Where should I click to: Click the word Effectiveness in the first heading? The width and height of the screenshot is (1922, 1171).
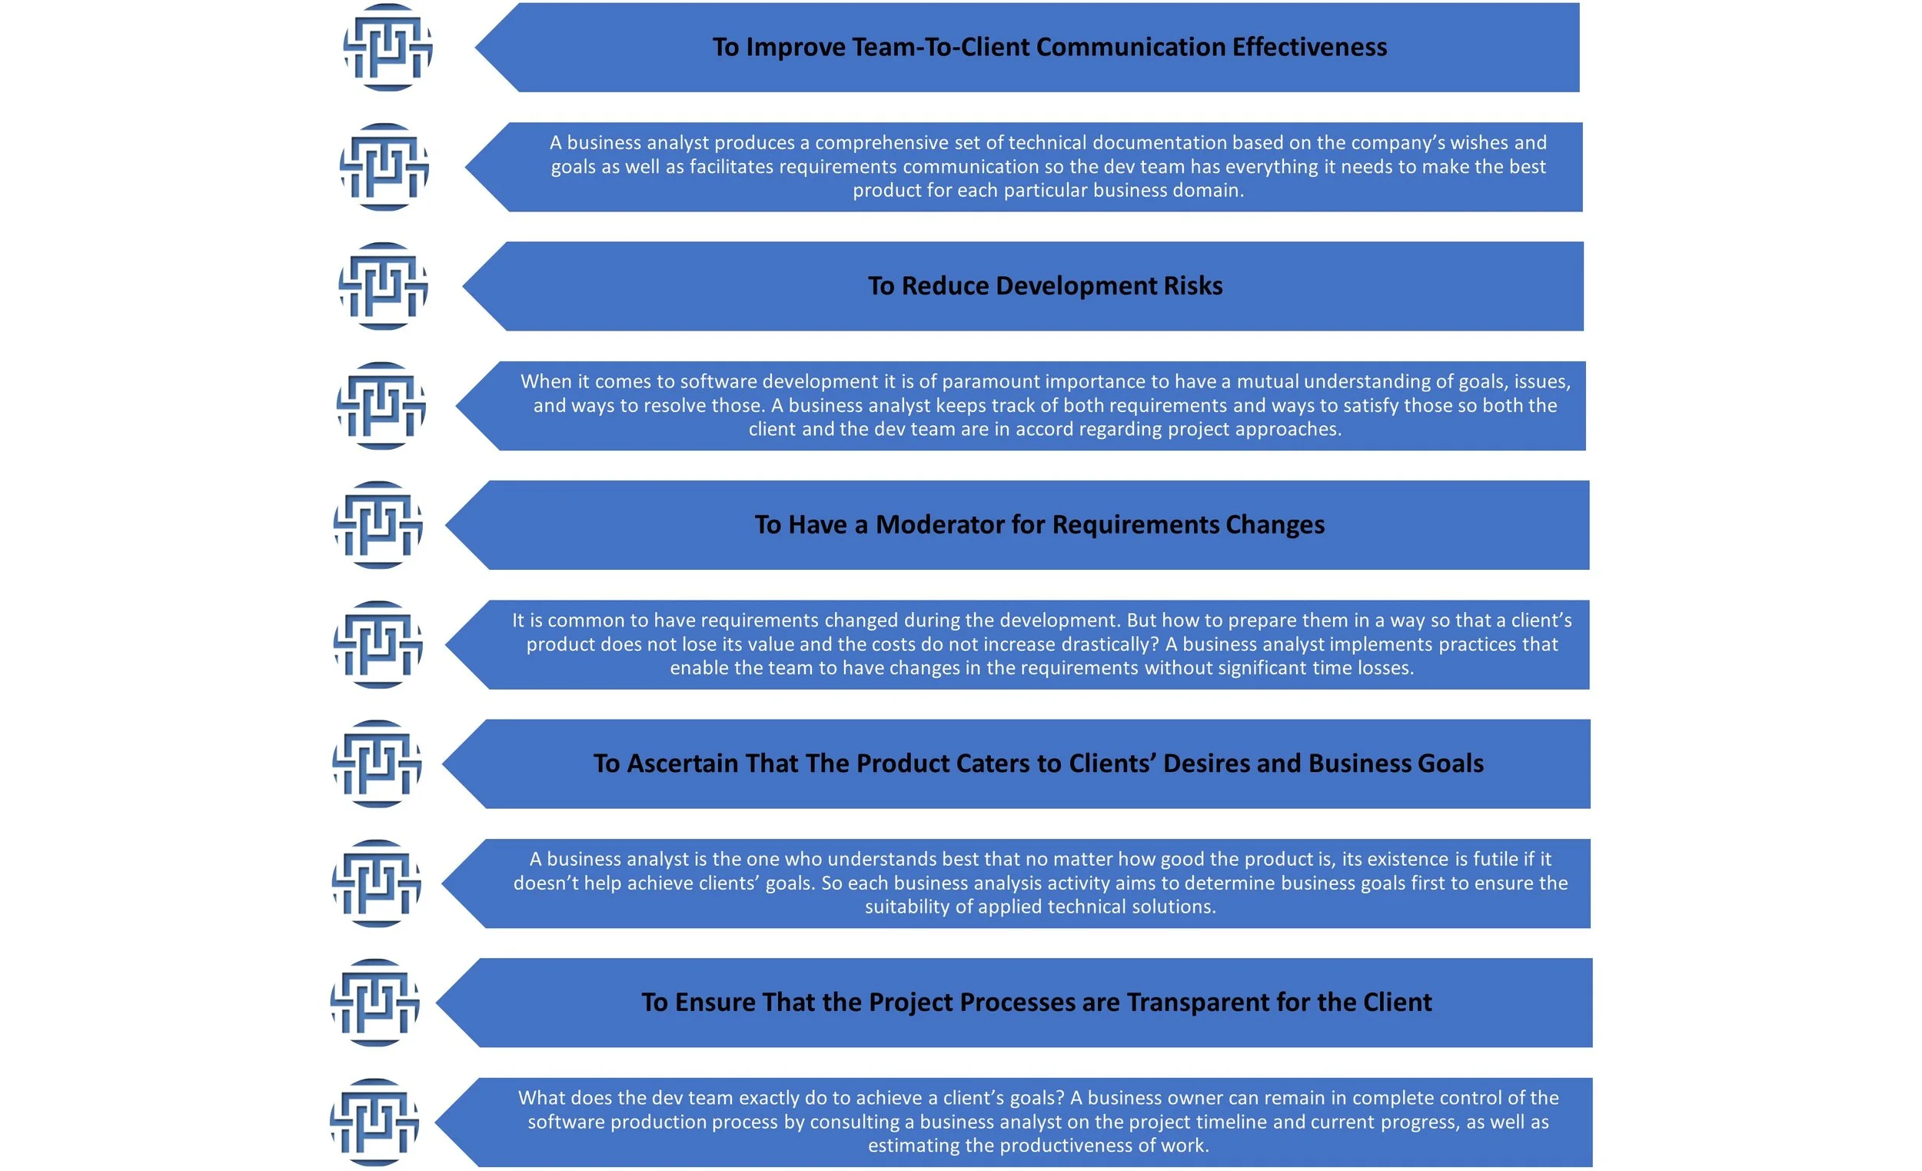point(1310,48)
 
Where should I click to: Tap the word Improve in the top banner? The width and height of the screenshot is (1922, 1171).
point(796,48)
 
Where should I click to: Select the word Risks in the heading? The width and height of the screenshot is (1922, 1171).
point(1192,286)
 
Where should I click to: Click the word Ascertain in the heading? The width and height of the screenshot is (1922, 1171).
point(683,763)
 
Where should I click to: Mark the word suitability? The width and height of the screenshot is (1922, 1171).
point(907,907)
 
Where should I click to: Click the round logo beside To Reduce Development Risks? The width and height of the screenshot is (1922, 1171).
point(383,286)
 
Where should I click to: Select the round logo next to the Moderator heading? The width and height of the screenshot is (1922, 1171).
point(378,525)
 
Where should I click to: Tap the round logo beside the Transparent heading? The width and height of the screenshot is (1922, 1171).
point(375,1003)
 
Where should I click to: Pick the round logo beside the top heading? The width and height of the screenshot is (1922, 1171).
point(387,48)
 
